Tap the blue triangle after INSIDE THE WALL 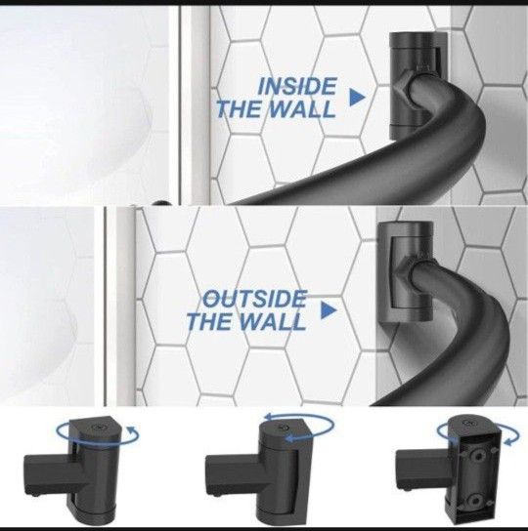click(357, 96)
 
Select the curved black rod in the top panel click(323, 176)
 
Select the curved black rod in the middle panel click(460, 361)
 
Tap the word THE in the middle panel click(207, 321)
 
